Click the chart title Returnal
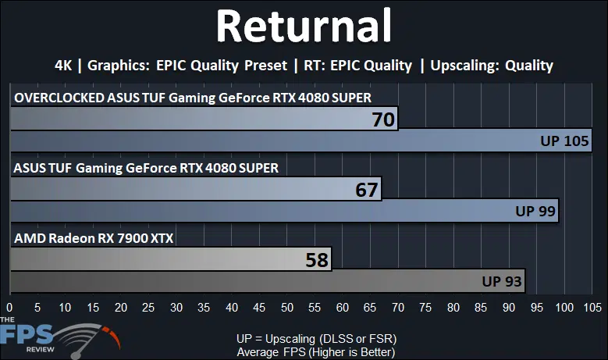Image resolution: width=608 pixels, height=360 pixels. pos(304,26)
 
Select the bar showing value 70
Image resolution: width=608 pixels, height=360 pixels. pos(204,119)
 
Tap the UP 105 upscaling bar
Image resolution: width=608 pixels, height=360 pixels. pos(301,141)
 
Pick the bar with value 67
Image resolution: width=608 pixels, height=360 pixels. pos(196,189)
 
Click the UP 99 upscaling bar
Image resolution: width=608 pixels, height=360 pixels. pos(284,211)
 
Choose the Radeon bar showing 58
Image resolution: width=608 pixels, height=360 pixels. pos(171,259)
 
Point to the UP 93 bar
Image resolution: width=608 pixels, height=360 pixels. pos(268,281)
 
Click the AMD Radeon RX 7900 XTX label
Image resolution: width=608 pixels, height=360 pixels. pos(94,238)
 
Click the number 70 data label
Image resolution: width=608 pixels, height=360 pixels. pos(383,119)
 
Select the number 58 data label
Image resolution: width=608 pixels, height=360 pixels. pos(317,260)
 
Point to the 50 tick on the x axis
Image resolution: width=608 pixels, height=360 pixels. pos(287,308)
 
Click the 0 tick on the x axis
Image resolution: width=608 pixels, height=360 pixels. pos(9,308)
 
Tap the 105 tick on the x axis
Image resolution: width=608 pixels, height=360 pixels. pos(592,308)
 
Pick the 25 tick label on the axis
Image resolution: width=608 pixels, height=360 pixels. pos(148,308)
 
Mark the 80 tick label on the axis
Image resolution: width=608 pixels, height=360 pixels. pos(453,308)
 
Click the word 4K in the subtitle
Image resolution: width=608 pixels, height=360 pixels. pos(63,65)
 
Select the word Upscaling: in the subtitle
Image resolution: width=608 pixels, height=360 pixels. pos(464,66)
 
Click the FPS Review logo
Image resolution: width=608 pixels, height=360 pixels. pos(60,337)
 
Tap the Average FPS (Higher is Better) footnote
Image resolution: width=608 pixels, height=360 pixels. pos(316,352)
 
